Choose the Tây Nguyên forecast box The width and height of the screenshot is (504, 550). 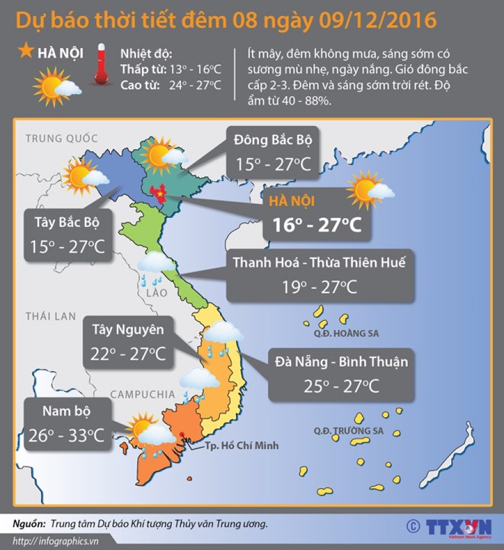pyautogui.click(x=128, y=342)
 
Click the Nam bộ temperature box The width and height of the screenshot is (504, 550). pyautogui.click(x=67, y=424)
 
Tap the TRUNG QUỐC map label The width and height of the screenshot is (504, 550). pyautogui.click(x=62, y=138)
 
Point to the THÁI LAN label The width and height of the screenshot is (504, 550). pyautogui.click(x=50, y=316)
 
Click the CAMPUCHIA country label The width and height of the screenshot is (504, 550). pyautogui.click(x=143, y=394)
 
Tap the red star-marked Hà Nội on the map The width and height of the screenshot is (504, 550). pyautogui.click(x=157, y=194)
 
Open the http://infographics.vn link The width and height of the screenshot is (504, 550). pyautogui.click(x=56, y=541)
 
